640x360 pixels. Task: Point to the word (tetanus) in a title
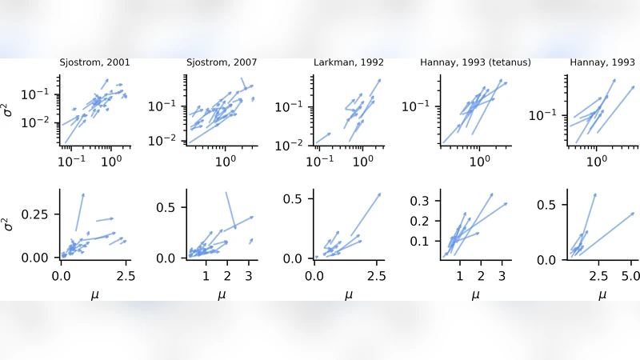pyautogui.click(x=505, y=62)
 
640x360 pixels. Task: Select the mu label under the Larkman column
pyautogui.click(x=348, y=294)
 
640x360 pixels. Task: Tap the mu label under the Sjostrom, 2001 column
pyautogui.click(x=95, y=294)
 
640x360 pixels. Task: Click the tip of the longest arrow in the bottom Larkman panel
pyautogui.click(x=380, y=194)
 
